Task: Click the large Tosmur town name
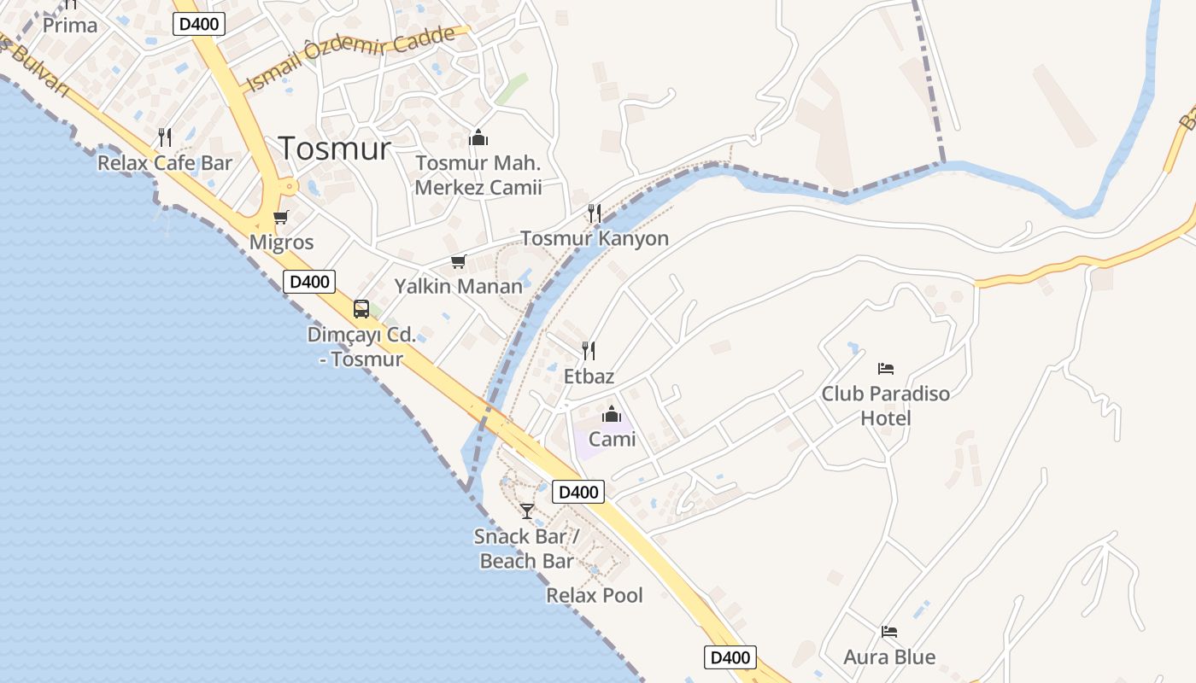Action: pos(334,149)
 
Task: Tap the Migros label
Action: pos(281,242)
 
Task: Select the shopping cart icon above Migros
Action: pos(281,218)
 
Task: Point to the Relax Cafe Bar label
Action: pos(165,162)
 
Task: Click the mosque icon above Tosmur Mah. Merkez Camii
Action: pos(478,137)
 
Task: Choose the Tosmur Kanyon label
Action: pos(595,238)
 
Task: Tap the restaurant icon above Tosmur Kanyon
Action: pos(595,213)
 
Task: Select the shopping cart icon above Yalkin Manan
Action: pos(459,261)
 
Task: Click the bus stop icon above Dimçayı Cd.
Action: pos(361,309)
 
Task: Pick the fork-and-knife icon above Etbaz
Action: pos(589,350)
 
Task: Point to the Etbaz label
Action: pos(589,376)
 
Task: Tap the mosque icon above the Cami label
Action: pos(612,415)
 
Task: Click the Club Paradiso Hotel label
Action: pos(886,406)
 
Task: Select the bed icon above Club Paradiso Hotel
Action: pos(886,369)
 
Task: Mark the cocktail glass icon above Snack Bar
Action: pos(527,511)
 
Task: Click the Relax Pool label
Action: pos(595,595)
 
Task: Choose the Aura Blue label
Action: pos(889,657)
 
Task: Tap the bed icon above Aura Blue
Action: pos(889,632)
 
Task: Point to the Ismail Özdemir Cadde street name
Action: pos(350,57)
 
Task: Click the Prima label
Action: pos(70,25)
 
